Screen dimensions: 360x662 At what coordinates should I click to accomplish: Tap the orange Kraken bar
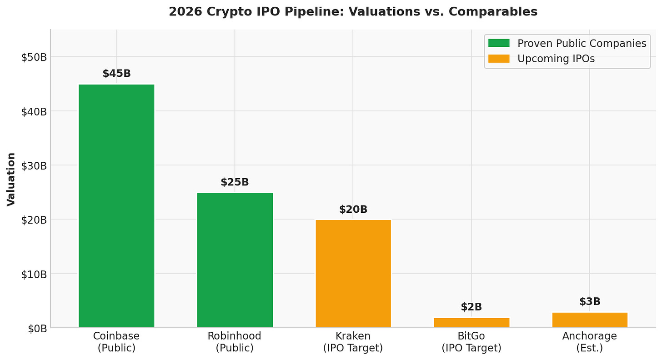353,273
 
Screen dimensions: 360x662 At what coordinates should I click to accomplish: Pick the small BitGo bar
471,323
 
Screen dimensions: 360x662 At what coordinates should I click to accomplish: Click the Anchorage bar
590,320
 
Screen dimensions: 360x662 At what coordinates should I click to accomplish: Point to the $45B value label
116,74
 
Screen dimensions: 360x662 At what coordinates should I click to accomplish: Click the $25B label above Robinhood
235,182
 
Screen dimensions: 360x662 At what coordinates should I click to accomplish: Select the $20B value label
353,210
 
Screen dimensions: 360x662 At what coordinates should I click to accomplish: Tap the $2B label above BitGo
471,307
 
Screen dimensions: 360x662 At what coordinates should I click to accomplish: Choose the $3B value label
590,302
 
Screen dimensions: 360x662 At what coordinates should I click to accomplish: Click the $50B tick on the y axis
34,57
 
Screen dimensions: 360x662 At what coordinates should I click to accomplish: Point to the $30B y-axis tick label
34,165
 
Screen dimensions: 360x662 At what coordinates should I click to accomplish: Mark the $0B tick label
36,328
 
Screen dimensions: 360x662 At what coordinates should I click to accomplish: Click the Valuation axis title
11,179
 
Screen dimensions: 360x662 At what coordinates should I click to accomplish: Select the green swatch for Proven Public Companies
499,43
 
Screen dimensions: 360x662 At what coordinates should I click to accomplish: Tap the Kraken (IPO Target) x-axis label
353,342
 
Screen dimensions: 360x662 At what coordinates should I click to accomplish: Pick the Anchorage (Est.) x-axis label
590,342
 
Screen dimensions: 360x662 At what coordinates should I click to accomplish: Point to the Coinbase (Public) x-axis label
116,342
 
